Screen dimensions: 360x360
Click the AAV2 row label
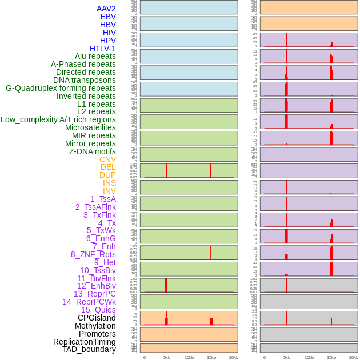coord(106,9)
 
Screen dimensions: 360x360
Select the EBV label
coord(108,17)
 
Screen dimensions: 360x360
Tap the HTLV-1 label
coord(103,49)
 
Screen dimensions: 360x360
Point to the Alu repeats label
coord(95,56)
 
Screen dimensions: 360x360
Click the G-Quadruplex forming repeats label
coord(61,88)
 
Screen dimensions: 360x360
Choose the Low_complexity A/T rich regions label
coord(58,119)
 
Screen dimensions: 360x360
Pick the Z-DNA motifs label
coord(92,151)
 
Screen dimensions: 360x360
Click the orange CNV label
coord(107,159)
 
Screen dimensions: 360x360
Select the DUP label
coord(107,175)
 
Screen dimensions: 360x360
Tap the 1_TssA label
coord(103,199)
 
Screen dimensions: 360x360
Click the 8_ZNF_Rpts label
coord(93,254)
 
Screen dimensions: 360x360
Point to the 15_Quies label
coord(98,310)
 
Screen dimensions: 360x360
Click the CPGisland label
coord(97,318)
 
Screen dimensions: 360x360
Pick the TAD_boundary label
coord(89,349)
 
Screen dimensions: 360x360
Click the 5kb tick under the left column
coord(167,357)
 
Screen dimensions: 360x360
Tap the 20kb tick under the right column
coord(354,357)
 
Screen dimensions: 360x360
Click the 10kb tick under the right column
coord(309,357)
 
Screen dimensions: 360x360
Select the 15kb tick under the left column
coord(211,357)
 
